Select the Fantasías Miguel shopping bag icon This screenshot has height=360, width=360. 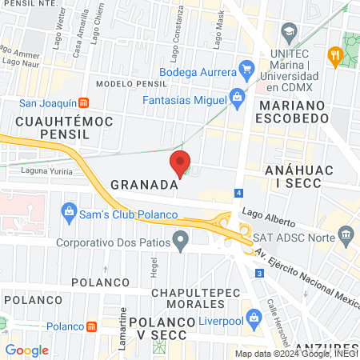[x=236, y=97]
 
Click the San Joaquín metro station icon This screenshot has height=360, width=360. [x=84, y=103]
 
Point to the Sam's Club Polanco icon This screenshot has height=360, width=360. [x=68, y=213]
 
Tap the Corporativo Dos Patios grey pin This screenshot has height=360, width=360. [x=182, y=238]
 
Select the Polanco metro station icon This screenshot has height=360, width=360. [x=92, y=326]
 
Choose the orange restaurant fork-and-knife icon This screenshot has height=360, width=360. [x=334, y=55]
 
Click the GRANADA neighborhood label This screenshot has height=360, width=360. [x=143, y=185]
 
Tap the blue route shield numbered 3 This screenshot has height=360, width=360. [x=259, y=274]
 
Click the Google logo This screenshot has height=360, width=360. [x=26, y=350]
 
